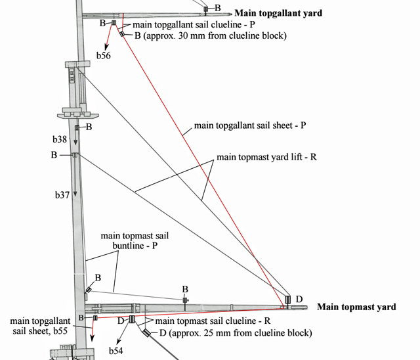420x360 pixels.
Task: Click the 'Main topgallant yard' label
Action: tap(278, 12)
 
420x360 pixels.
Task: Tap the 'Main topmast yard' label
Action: tap(356, 307)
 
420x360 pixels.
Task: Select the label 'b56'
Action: tap(104, 56)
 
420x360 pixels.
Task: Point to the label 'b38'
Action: tap(60, 139)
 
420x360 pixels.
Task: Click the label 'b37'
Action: tap(62, 195)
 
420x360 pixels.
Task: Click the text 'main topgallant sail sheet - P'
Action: tap(250, 125)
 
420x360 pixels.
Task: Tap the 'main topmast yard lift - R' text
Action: tap(267, 158)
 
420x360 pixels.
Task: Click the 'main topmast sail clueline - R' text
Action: tap(202, 321)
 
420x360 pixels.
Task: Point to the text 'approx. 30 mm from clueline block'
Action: tap(214, 35)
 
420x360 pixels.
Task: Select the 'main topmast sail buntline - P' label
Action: tap(129, 240)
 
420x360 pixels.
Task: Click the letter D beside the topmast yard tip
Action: tap(299, 300)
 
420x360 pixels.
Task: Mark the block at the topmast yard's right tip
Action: tap(287, 301)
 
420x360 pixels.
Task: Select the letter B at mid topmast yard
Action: tap(185, 289)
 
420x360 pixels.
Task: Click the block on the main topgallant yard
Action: tap(205, 9)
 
